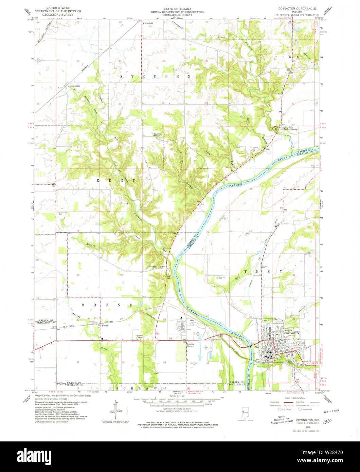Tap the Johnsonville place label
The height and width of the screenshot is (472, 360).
coord(74,86)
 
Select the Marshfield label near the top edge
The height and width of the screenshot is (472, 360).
coord(148,23)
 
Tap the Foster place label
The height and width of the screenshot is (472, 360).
coord(105,326)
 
